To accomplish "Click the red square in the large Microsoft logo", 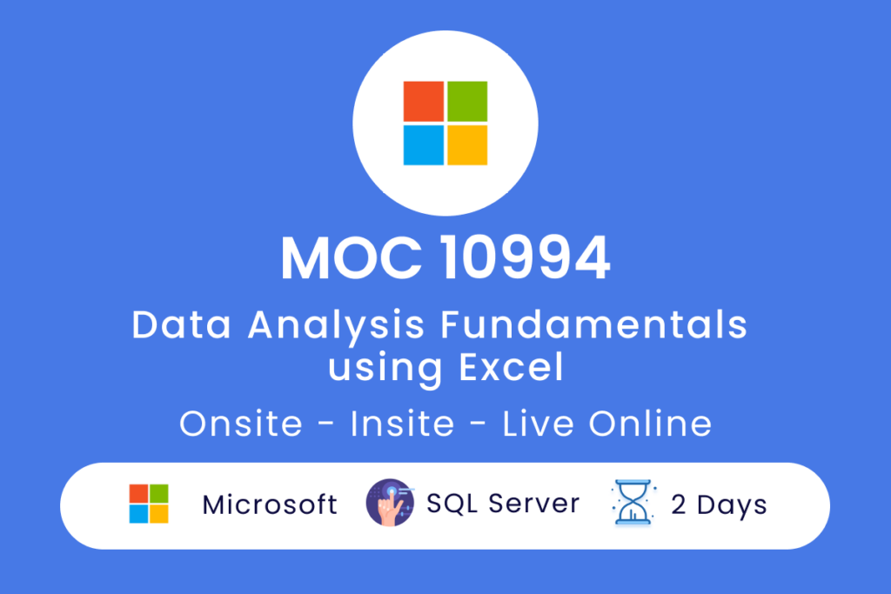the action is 424,101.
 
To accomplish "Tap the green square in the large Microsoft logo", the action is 467,101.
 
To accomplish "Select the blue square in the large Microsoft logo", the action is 424,145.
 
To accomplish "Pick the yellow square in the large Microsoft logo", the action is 467,145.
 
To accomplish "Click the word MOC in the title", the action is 352,258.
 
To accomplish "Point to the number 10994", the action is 526,258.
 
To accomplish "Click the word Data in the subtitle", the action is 181,324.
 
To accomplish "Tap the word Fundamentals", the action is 593,324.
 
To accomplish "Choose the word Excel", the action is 512,367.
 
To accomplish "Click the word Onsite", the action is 241,424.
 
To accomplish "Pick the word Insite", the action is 402,424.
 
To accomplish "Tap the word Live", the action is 538,424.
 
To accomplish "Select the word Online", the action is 650,424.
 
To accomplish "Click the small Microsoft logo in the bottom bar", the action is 149,504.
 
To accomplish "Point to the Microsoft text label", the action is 270,504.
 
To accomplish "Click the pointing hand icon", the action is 390,503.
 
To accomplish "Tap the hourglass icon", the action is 633,503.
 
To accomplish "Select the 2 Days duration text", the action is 719,505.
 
